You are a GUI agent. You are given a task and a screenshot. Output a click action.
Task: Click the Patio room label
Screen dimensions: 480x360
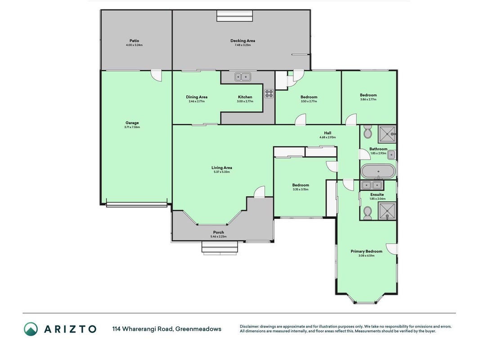[x=134, y=40]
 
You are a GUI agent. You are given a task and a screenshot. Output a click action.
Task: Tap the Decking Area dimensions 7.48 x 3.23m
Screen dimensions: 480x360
[x=243, y=45]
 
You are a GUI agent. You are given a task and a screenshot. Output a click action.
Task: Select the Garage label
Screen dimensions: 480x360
[x=132, y=123]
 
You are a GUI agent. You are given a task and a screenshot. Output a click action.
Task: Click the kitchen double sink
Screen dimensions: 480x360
[x=243, y=76]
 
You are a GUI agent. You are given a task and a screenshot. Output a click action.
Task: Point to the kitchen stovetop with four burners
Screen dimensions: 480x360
[x=269, y=93]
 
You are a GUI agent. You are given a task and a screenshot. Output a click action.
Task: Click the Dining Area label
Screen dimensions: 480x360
[x=197, y=97]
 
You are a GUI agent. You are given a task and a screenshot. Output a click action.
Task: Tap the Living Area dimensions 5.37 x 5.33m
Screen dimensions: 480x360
[x=222, y=172]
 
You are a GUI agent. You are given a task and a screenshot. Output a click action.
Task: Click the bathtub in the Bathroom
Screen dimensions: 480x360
[x=378, y=171]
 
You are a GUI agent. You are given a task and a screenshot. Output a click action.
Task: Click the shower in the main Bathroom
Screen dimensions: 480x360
[x=387, y=134]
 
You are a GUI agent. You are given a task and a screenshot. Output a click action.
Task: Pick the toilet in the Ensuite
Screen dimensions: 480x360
[x=368, y=213]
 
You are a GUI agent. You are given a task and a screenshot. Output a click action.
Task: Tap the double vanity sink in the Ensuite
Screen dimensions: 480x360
[x=372, y=185]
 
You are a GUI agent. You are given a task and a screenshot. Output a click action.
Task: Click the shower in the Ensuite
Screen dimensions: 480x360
[x=387, y=211]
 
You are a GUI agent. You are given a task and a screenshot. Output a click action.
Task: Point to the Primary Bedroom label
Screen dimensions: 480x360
[x=367, y=252]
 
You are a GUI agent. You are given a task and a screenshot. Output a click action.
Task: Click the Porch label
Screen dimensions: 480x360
[x=219, y=232]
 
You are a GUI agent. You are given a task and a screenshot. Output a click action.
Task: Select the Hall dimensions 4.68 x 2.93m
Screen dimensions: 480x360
[x=327, y=137]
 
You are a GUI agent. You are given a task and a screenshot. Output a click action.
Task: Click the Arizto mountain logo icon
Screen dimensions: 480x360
[x=31, y=329]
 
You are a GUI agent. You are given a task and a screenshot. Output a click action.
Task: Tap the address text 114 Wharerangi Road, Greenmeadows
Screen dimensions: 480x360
[x=167, y=329]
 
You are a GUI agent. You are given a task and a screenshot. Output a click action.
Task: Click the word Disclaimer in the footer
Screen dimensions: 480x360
[x=249, y=327]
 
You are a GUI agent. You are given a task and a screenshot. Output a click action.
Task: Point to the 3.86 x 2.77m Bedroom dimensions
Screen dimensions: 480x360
[x=368, y=99]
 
